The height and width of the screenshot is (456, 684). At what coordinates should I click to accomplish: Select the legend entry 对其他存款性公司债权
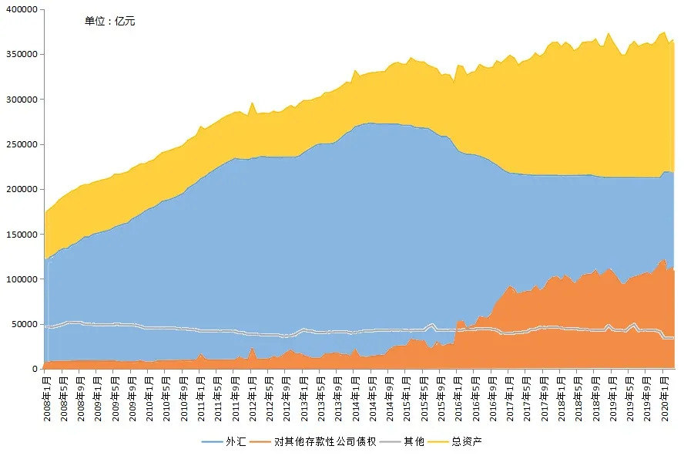point(324,441)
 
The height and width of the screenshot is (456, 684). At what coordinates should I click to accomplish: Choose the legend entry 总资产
point(467,441)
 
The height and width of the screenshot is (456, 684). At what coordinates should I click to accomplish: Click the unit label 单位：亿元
point(109,21)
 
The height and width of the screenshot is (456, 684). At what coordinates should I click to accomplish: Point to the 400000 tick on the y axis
point(22,10)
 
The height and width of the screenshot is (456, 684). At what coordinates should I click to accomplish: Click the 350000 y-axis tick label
point(22,55)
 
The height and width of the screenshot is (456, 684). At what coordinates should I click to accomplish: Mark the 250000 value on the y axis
point(22,144)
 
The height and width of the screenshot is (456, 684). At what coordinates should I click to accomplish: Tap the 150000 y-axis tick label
point(22,234)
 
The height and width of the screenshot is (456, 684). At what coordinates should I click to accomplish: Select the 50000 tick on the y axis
point(24,324)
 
